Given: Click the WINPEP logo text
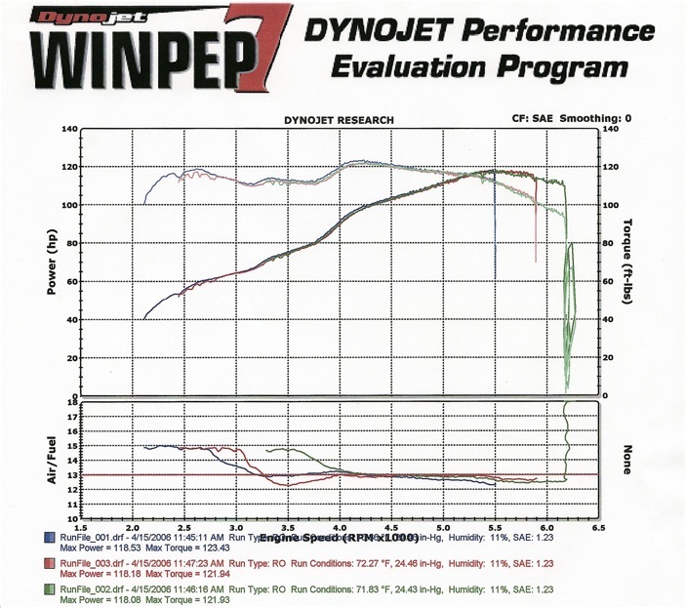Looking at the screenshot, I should click(127, 61).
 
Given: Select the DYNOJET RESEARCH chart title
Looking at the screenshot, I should click(339, 120).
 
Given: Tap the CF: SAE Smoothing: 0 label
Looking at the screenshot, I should click(572, 118).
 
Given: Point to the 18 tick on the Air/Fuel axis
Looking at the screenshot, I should click(71, 402).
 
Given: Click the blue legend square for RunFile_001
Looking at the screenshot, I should click(49, 538).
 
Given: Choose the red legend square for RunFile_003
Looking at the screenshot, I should click(49, 564).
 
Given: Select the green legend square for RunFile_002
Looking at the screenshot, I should click(49, 590).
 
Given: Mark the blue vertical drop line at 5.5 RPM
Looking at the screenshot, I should click(495, 234).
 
